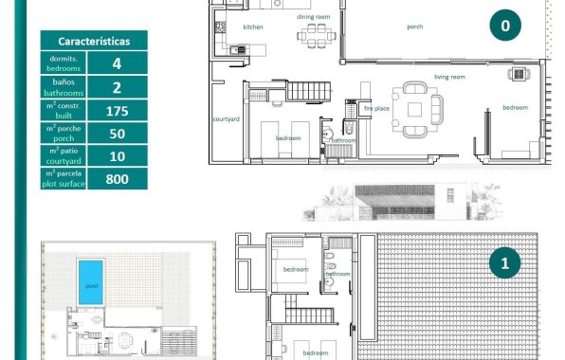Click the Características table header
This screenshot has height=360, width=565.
click(94, 42)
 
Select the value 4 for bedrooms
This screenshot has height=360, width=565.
click(117, 63)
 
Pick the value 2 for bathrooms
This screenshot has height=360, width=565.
click(117, 87)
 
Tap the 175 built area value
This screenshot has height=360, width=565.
click(117, 111)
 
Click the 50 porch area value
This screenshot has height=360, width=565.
click(117, 134)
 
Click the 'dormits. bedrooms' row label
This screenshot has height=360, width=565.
click(64, 63)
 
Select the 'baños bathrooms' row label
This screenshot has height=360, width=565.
click(64, 87)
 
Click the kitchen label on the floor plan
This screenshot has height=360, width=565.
click(253, 27)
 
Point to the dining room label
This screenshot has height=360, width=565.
click(313, 17)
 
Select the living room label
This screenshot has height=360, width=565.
click(448, 77)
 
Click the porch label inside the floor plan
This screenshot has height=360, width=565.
click(414, 27)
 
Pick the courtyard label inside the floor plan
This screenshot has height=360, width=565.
click(225, 119)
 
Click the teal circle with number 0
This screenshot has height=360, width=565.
click(505, 27)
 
